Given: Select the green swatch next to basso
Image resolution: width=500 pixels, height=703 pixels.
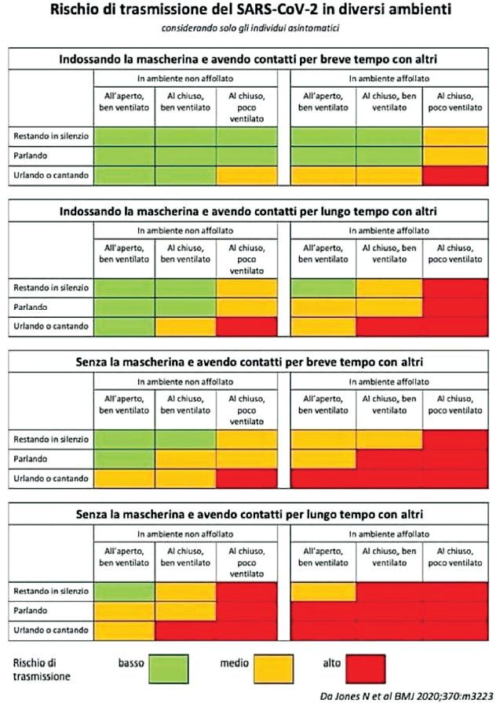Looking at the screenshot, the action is click(x=169, y=668).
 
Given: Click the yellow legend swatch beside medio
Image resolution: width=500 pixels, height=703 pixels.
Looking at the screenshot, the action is click(x=273, y=668).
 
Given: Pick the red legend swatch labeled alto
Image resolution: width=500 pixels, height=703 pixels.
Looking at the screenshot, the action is click(x=366, y=668).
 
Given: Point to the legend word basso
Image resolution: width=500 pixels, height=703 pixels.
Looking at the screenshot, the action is click(x=131, y=663).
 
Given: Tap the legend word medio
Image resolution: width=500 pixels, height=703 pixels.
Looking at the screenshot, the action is click(x=234, y=663).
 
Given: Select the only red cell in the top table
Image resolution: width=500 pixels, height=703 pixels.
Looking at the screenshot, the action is click(x=455, y=175).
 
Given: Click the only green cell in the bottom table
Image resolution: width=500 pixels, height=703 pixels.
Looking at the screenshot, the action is click(x=124, y=592).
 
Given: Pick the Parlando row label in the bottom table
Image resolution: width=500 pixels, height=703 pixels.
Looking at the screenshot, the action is click(x=30, y=610).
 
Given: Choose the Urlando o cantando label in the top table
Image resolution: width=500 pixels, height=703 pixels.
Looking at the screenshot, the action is click(x=51, y=175).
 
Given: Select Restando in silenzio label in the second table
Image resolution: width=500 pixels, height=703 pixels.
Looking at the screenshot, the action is click(x=51, y=287).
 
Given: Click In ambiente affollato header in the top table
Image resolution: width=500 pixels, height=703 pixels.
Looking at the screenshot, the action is click(x=389, y=78).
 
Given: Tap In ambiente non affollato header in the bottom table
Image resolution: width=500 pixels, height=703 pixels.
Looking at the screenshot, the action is click(x=185, y=534).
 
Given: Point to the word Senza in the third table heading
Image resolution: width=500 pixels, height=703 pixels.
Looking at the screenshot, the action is click(x=90, y=362).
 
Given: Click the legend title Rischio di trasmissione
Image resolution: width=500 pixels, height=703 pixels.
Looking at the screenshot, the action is click(x=42, y=669).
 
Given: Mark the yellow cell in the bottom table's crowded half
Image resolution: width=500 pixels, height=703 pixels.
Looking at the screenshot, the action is click(x=323, y=592).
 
